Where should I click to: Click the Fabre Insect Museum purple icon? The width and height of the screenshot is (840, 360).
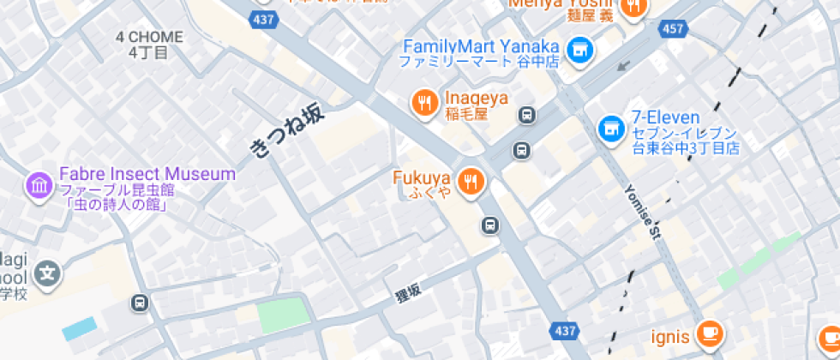click(39, 185)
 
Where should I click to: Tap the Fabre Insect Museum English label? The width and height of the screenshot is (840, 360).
click(147, 174)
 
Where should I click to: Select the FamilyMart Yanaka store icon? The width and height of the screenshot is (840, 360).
click(580, 49)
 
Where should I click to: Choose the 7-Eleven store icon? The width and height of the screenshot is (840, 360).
click(610, 129)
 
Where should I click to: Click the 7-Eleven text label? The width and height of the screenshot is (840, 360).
click(666, 117)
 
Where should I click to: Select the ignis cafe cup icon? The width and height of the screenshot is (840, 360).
click(709, 333)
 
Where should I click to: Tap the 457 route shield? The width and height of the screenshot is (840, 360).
click(672, 29)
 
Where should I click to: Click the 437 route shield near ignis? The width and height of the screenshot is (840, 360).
click(565, 330)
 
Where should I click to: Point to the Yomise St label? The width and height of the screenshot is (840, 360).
click(645, 213)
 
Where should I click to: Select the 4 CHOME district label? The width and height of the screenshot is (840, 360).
click(150, 37)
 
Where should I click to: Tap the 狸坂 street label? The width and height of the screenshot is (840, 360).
click(409, 294)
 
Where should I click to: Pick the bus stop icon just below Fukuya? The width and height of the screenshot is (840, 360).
click(489, 225)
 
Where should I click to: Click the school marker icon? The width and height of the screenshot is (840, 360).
click(50, 274)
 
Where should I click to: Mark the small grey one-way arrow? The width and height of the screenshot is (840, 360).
click(623, 65)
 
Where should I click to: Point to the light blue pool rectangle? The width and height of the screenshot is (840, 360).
click(80, 328)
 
